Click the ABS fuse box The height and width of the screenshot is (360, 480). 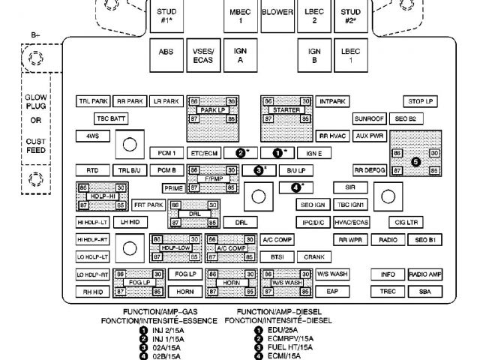click(x=166, y=53)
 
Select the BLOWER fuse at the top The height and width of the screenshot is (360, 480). click(x=277, y=13)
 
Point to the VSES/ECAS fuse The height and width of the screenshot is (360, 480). click(x=202, y=53)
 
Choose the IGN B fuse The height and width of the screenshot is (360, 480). click(x=314, y=53)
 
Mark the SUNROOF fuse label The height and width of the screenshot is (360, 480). click(x=369, y=118)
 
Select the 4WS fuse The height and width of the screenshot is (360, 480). click(x=93, y=136)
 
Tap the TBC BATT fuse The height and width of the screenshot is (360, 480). click(x=110, y=118)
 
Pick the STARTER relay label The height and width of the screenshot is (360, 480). click(x=286, y=109)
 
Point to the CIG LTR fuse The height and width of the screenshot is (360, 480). click(x=411, y=223)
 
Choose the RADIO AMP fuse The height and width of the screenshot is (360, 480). click(x=424, y=274)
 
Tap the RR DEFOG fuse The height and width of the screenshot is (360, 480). click(x=369, y=170)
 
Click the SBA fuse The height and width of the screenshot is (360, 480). click(x=424, y=291)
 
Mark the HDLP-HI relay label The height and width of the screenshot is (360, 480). click(x=100, y=195)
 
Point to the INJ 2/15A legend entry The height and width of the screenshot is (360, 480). click(x=167, y=330)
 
